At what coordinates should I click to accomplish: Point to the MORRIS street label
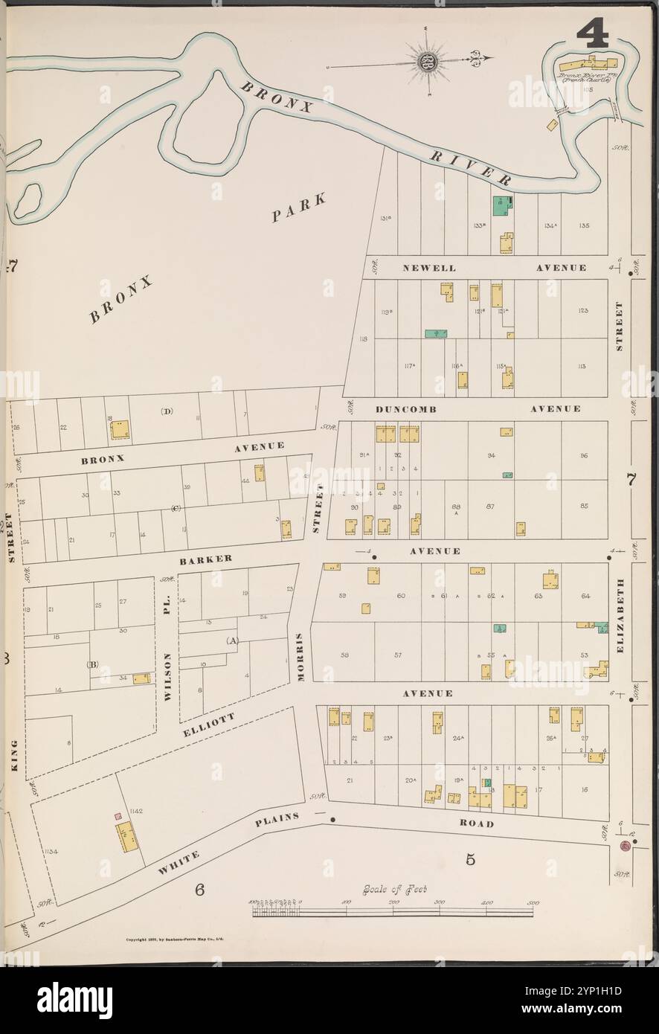[298, 658]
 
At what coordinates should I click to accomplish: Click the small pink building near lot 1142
[117, 817]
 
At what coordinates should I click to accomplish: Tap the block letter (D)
[165, 411]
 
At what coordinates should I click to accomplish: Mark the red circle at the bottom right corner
[626, 849]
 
